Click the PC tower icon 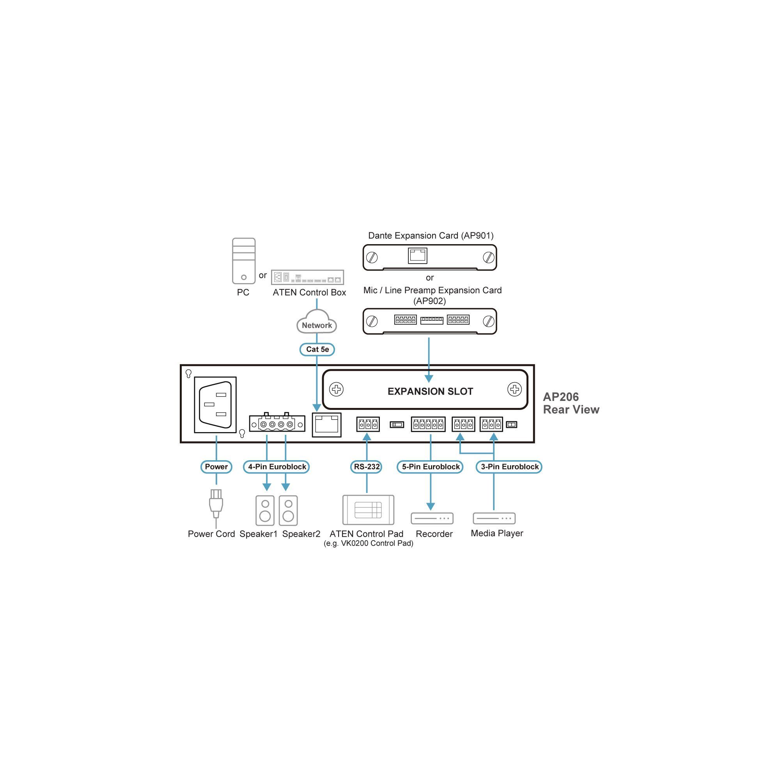coord(243,261)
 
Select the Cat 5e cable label coord(317,349)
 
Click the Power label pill coord(216,467)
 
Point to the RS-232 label coord(367,467)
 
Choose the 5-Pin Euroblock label coord(431,467)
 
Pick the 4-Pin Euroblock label coord(277,467)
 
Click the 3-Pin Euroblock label coord(509,467)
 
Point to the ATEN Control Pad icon coord(368,510)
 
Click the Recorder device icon coord(432,518)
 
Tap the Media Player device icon coord(494,518)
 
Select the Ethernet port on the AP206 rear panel coord(326,425)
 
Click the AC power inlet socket coord(215,404)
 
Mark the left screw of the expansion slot coord(336,390)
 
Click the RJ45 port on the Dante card coord(417,255)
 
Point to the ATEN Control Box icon coord(307,277)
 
